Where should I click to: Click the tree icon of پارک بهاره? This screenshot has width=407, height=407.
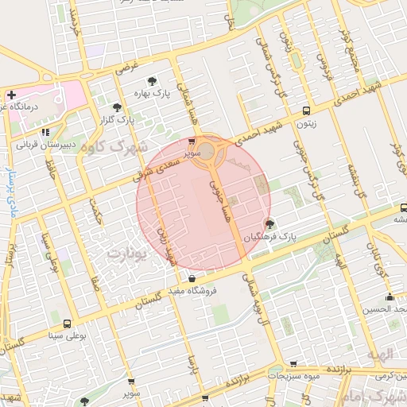(151, 80)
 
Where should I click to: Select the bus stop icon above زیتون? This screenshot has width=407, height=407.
(306, 110)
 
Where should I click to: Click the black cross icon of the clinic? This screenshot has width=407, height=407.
(10, 94)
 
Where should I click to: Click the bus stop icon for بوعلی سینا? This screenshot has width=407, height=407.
(66, 324)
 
